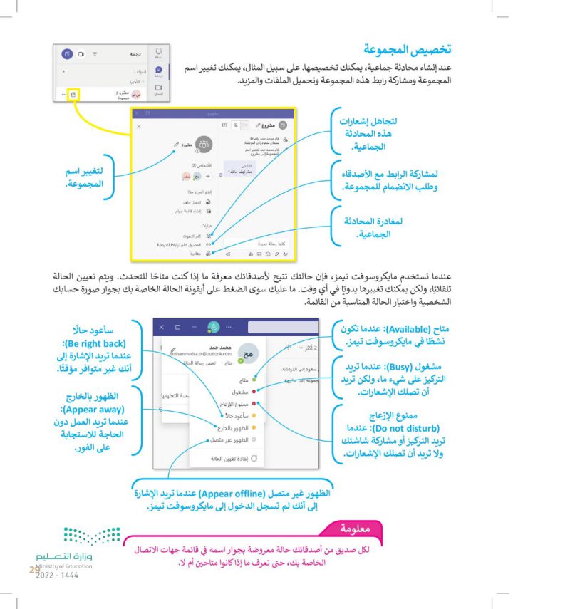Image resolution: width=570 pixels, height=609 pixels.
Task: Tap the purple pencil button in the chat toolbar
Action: (x=67, y=53)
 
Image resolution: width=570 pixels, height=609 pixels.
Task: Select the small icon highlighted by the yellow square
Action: (x=74, y=94)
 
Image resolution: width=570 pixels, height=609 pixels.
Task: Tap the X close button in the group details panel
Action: (x=139, y=125)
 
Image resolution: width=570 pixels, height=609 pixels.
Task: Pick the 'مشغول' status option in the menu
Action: (x=240, y=392)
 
